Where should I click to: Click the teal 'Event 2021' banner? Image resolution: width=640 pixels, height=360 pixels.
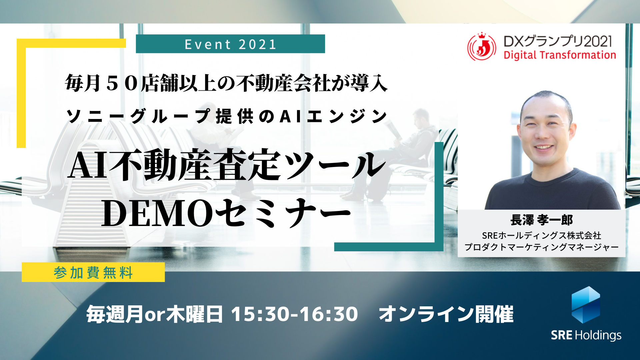click(230, 44)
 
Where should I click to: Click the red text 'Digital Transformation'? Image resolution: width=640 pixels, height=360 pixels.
click(560, 55)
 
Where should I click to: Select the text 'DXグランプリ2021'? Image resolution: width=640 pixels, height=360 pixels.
click(558, 41)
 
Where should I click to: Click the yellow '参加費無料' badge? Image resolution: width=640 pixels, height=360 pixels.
click(93, 272)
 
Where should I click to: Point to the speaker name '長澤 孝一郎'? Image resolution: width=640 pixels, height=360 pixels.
click(541, 220)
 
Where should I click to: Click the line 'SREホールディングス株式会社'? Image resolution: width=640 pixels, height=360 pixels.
click(541, 236)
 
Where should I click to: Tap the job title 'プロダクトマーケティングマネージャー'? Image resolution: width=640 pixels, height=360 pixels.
click(541, 247)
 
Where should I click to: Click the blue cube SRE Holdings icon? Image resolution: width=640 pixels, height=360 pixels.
click(586, 305)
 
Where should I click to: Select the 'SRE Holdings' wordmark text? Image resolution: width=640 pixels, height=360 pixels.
click(586, 335)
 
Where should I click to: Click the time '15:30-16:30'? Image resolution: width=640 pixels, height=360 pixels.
click(295, 314)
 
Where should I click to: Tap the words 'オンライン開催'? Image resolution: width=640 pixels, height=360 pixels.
click(446, 314)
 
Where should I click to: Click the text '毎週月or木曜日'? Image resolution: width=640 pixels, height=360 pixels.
click(154, 314)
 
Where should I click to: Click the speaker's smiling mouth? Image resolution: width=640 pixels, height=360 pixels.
click(544, 147)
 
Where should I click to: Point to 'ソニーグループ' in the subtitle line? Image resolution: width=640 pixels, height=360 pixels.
click(138, 117)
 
